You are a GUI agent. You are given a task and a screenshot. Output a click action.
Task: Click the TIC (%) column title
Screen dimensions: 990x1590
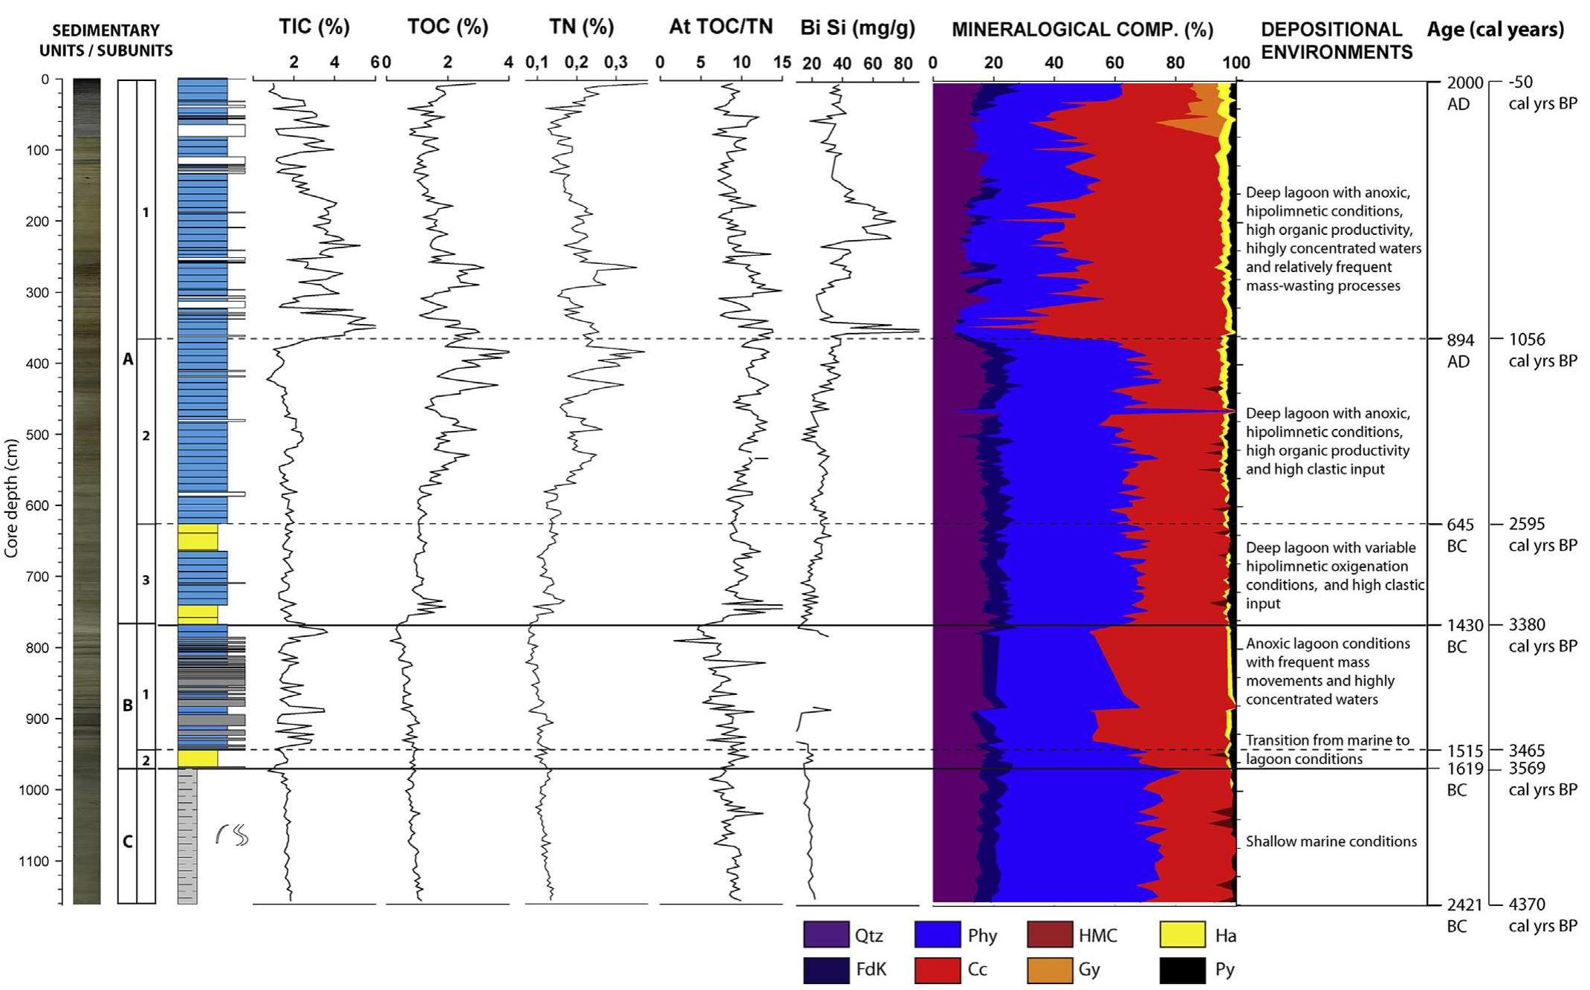314,27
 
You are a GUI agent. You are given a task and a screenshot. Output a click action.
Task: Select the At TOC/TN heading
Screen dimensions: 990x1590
720,27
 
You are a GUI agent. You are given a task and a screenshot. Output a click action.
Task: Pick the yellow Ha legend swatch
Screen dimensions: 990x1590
1182,935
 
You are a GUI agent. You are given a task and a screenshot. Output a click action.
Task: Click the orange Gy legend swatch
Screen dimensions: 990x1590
1049,969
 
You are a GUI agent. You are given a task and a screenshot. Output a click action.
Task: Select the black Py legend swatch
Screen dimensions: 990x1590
1182,969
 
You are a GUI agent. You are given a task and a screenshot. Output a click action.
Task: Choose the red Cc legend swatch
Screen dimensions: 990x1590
937,969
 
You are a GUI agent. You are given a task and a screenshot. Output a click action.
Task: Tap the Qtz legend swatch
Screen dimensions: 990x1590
825,935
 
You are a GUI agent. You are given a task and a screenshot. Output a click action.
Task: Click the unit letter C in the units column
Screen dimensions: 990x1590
127,841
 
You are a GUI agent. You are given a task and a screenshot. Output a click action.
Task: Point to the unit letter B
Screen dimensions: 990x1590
127,705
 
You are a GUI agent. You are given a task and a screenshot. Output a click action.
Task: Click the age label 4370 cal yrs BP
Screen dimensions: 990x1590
1527,905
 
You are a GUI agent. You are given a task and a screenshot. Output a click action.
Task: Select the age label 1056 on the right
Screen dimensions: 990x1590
1527,340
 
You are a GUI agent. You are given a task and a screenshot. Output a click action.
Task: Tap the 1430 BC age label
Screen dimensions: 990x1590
1461,626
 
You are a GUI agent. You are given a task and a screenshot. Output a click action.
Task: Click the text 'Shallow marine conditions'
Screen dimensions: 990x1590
1331,841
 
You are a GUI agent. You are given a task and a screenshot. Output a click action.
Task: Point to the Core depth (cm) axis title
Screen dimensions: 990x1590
10,498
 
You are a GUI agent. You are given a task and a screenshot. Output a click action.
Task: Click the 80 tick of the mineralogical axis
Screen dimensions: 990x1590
1175,63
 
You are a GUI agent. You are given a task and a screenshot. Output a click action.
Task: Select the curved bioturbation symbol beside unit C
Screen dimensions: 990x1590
232,835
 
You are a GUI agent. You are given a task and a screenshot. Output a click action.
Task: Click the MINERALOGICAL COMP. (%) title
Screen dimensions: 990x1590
1082,30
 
